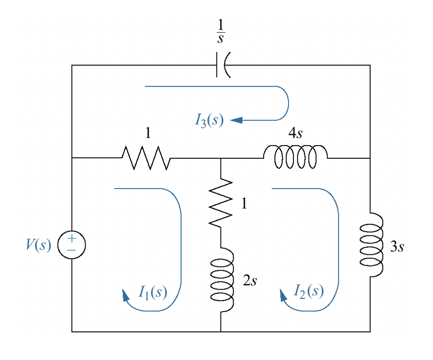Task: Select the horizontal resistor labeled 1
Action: coord(146,158)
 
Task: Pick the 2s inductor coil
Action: coord(222,279)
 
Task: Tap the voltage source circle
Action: coord(72,245)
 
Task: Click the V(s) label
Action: coord(38,245)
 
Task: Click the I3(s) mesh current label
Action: coord(209,120)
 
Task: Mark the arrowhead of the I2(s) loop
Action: coord(283,296)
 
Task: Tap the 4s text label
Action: coord(295,133)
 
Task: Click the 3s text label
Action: coord(397,247)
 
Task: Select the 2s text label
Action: coord(250,281)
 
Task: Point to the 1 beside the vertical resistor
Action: coord(244,204)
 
